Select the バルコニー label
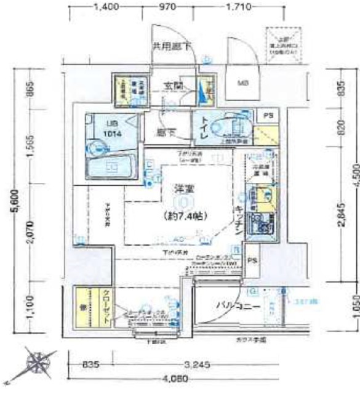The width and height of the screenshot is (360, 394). tap(236, 305)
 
